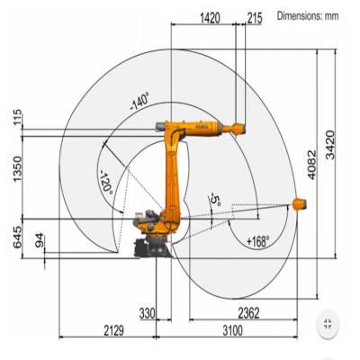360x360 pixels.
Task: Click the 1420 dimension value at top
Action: click(210, 16)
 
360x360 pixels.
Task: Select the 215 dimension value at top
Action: click(254, 16)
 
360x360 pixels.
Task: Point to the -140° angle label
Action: click(139, 101)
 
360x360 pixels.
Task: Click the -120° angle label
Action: click(106, 181)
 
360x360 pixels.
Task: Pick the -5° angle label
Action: click(213, 199)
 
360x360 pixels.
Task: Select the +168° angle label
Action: click(257, 241)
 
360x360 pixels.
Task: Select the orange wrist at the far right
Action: click(302, 205)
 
